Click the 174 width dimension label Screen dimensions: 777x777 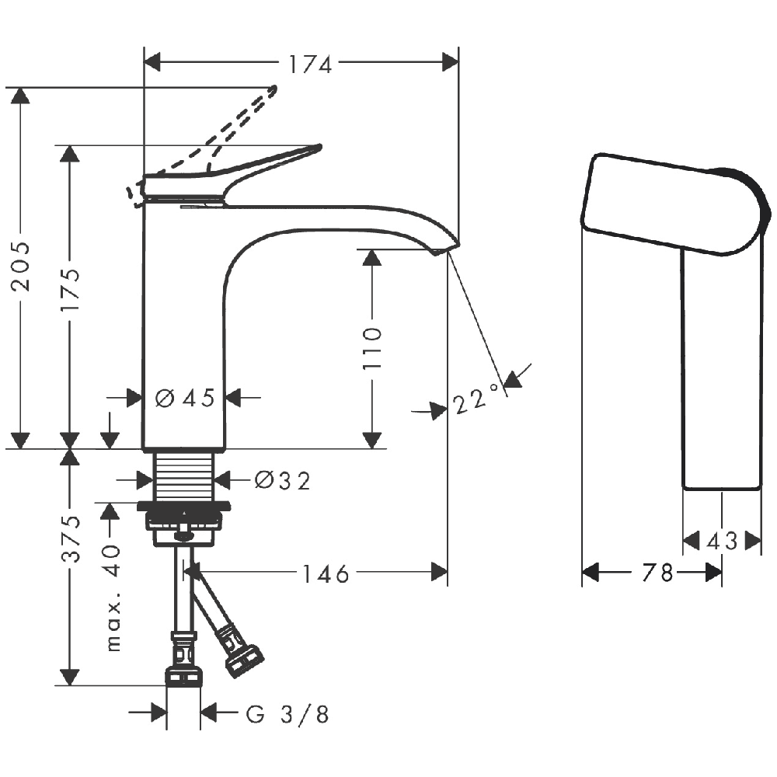(310, 64)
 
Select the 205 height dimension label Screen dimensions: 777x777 (21, 266)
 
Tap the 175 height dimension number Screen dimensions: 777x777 (70, 289)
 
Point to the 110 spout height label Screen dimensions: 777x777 (372, 348)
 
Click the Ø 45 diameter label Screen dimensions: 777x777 (185, 398)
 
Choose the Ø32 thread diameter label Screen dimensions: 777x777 (283, 480)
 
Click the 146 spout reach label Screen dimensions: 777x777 (326, 574)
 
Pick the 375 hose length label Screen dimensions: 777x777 (71, 538)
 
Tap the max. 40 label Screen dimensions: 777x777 (113, 598)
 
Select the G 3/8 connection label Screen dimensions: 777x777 (287, 715)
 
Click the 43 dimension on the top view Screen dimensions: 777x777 (722, 542)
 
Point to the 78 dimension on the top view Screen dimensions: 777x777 (657, 573)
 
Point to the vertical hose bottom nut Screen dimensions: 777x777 (184, 678)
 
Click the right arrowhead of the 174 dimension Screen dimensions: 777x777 (451, 62)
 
